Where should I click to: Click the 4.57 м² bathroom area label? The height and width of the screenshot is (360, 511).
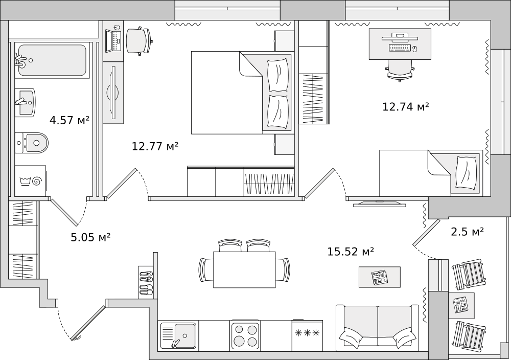tap(69, 121)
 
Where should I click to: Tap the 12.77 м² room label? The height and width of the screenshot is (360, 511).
tap(155, 147)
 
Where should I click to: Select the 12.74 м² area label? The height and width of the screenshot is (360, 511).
tap(405, 107)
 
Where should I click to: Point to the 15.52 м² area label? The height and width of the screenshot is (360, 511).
tap(351, 252)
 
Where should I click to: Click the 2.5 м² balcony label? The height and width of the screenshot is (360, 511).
tap(467, 232)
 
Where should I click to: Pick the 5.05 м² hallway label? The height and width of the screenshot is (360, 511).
tap(90, 237)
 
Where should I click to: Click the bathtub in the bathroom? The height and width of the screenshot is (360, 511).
tap(52, 60)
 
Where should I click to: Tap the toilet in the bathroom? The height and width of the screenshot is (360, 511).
tap(32, 143)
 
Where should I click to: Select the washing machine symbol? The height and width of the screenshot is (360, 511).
tap(31, 181)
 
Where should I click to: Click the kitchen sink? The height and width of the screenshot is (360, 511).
tap(178, 335)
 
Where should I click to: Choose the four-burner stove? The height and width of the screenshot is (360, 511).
tap(245, 335)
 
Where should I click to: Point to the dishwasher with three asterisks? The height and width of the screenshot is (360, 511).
tap(307, 334)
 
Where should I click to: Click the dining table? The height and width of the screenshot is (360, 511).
tap(244, 269)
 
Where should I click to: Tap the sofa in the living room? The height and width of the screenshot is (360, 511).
tap(377, 327)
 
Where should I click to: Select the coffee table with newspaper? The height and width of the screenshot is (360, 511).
tap(379, 277)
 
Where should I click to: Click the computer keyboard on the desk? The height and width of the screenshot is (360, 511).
tap(399, 48)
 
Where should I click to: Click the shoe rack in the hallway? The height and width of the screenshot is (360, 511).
tap(146, 282)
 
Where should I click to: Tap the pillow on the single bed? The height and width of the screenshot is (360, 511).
tap(466, 173)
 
